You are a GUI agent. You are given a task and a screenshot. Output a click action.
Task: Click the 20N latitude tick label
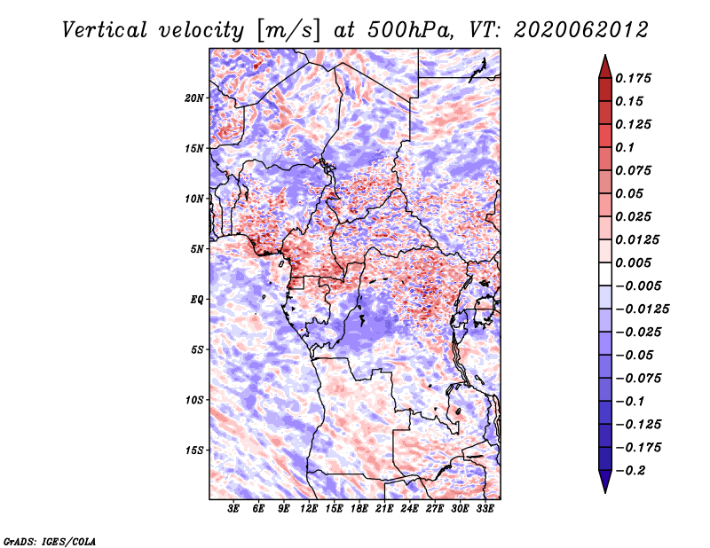tap(194, 98)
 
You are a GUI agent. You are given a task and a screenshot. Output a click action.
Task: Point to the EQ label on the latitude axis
tap(197, 300)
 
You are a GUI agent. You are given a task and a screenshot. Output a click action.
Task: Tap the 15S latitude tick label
tap(194, 450)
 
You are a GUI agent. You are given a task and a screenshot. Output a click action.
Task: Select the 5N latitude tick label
tap(197, 249)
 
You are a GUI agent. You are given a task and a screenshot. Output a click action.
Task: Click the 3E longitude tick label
tap(233, 509)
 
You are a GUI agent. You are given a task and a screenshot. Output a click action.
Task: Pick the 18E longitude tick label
tap(359, 509)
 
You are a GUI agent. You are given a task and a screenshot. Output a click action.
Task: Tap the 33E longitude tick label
tap(485, 509)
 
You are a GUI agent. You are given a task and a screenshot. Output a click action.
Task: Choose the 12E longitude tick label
tap(309, 509)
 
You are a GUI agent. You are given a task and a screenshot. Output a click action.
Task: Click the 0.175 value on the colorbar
tap(633, 78)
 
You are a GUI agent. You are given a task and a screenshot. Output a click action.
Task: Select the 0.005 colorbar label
tap(633, 262)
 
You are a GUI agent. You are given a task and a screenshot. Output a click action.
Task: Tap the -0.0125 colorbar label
tap(642, 309)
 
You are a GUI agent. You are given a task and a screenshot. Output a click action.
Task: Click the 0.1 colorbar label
tap(625, 147)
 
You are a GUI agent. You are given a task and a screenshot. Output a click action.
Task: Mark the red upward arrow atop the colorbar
tap(605, 67)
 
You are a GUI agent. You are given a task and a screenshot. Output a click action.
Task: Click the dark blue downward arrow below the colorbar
tap(605, 481)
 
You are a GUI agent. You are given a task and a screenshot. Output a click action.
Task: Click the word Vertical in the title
tap(104, 30)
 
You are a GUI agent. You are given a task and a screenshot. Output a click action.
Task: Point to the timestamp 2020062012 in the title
tap(581, 30)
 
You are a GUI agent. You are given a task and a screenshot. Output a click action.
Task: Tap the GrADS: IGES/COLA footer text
tap(50, 541)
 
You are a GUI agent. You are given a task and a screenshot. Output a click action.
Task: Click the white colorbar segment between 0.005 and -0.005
tap(605, 274)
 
